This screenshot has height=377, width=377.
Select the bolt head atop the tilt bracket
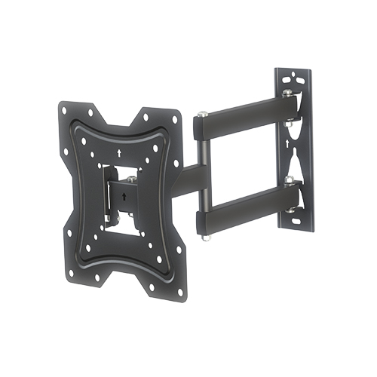[130, 179]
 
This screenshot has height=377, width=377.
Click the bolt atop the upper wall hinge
[287, 94]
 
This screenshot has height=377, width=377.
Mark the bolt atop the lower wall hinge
[287, 179]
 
